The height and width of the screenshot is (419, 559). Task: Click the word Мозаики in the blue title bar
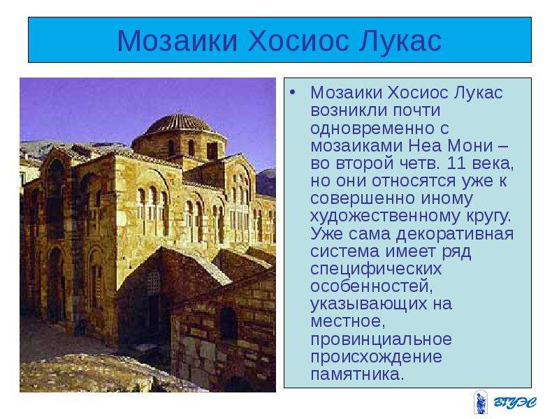click(177, 41)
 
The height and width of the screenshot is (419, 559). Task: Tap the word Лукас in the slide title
click(400, 41)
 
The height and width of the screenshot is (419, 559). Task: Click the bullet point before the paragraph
click(293, 93)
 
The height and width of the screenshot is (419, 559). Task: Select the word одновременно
click(379, 128)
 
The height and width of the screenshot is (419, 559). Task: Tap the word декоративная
click(455, 234)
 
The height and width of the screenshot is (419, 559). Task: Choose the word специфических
click(376, 270)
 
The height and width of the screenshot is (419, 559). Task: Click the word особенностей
click(372, 286)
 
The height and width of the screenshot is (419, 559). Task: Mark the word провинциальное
click(381, 339)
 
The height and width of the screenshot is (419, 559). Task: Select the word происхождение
click(376, 357)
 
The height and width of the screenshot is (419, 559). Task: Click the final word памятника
click(357, 374)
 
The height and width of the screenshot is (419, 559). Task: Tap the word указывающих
click(369, 304)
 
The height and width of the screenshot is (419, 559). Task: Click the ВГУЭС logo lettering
click(515, 403)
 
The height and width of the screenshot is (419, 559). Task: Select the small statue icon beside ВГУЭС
click(480, 402)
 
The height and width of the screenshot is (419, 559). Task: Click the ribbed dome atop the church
click(179, 124)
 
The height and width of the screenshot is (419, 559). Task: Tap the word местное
click(348, 322)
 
